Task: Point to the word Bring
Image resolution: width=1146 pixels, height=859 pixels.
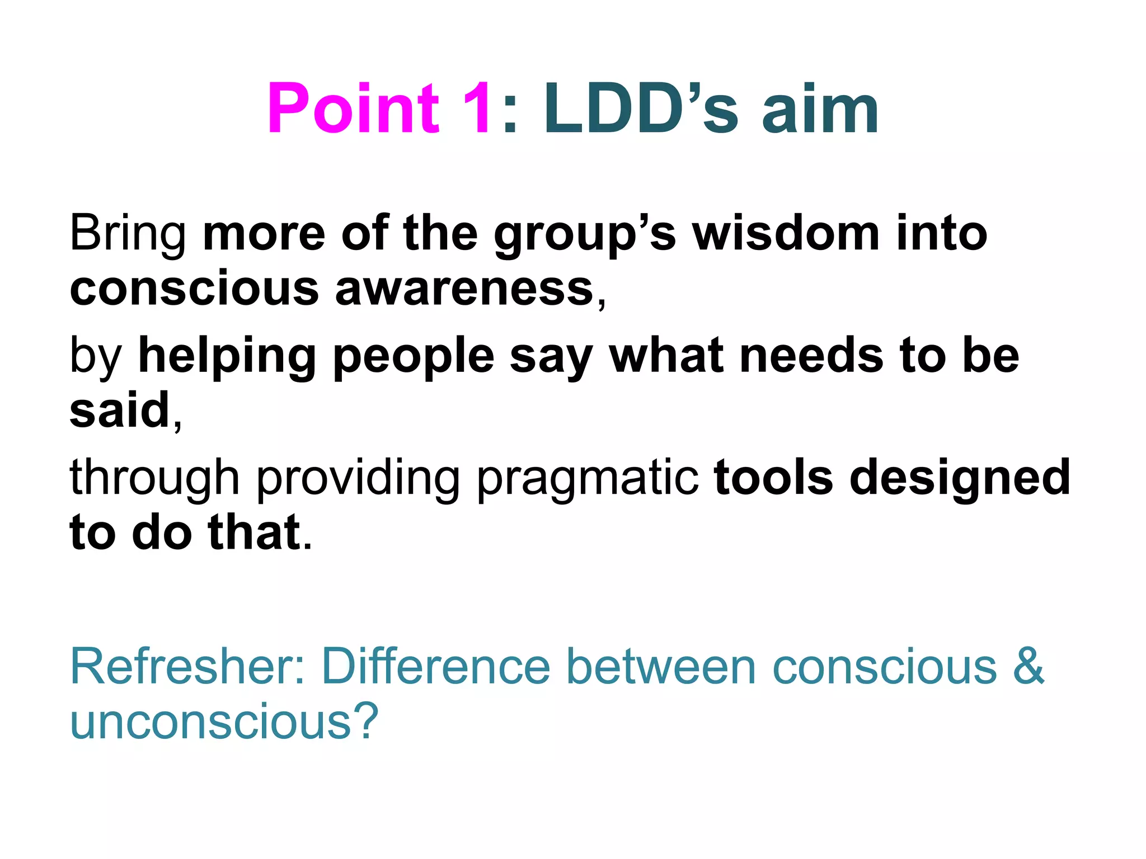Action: pyautogui.click(x=128, y=234)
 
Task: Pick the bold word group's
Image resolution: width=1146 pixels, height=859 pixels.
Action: pyautogui.click(x=585, y=235)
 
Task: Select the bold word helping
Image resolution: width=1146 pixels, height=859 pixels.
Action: pyautogui.click(x=227, y=357)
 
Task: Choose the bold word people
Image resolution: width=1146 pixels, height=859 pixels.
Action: pyautogui.click(x=414, y=357)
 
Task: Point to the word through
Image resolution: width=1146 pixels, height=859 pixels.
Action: pyautogui.click(x=154, y=478)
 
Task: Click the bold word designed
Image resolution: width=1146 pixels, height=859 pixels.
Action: pyautogui.click(x=960, y=478)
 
